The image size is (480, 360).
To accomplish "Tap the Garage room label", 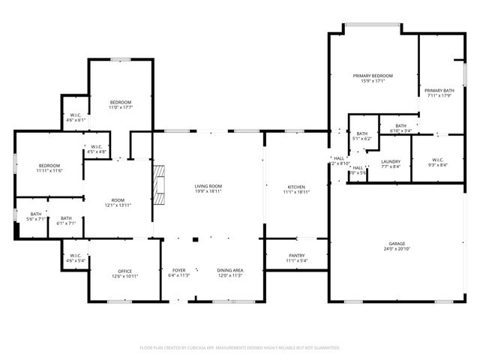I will pos(397,244).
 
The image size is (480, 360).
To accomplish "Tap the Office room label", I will pos(124,271).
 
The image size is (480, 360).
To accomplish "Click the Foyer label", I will pos(178,270).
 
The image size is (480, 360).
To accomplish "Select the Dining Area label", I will pos(229,270).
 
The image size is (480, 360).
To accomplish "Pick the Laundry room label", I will pos(391,161).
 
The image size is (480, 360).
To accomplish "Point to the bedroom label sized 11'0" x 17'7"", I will pos(121,102).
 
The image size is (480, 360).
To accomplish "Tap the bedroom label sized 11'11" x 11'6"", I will pos(49,166).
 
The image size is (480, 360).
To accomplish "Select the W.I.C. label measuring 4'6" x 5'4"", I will pos(76,256).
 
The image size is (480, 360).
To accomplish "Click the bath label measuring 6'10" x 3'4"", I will pos(400,126).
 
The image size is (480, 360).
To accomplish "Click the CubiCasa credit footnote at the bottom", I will pos(240,348).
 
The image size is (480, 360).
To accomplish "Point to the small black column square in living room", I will pos(195,240).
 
